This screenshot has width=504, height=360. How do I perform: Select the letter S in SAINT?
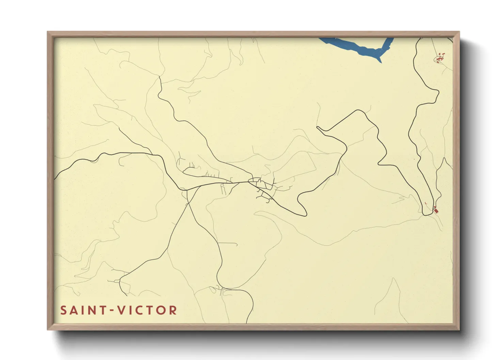point(63,310)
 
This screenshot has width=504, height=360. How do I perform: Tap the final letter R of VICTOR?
point(173,310)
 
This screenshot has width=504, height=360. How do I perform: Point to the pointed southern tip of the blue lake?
point(380,62)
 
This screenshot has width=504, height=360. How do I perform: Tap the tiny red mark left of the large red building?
point(426,203)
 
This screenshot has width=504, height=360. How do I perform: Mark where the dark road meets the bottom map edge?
point(247,322)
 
